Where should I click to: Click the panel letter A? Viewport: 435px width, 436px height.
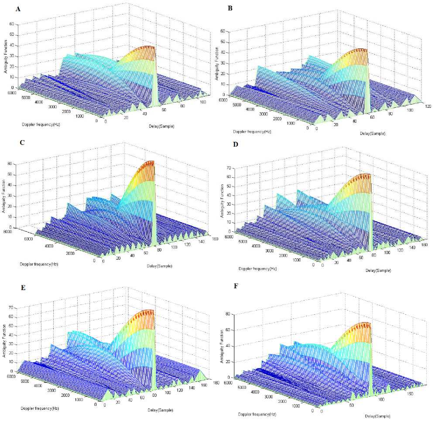point(17,9)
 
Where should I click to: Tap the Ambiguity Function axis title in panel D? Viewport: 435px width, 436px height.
point(223,200)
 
